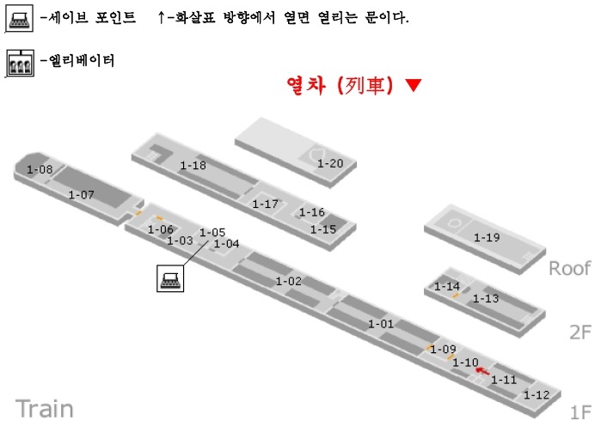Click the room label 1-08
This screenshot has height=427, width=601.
[x=40, y=169]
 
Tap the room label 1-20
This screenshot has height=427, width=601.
[x=330, y=163]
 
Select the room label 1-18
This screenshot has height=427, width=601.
[x=193, y=166]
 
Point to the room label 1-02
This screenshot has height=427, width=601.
[x=289, y=281]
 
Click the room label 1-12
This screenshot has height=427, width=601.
[x=537, y=394]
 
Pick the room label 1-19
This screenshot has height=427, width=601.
[x=487, y=237]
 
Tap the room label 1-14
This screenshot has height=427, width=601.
[x=447, y=286]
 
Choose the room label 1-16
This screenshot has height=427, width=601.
[x=311, y=211]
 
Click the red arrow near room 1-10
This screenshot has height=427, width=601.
[x=482, y=370]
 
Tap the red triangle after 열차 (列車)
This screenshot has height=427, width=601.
[x=414, y=85]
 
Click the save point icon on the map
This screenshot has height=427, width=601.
[x=170, y=278]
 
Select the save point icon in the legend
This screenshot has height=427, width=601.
[x=19, y=18]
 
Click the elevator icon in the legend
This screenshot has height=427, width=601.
[x=20, y=63]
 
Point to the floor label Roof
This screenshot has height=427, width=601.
[x=569, y=268]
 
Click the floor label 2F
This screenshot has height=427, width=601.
[x=580, y=332]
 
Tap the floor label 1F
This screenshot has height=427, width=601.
[x=580, y=412]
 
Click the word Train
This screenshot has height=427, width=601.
[x=45, y=409]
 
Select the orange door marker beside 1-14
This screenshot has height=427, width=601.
[x=456, y=296]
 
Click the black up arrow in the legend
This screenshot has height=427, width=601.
[x=162, y=17]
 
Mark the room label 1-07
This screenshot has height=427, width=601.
[x=82, y=194]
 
